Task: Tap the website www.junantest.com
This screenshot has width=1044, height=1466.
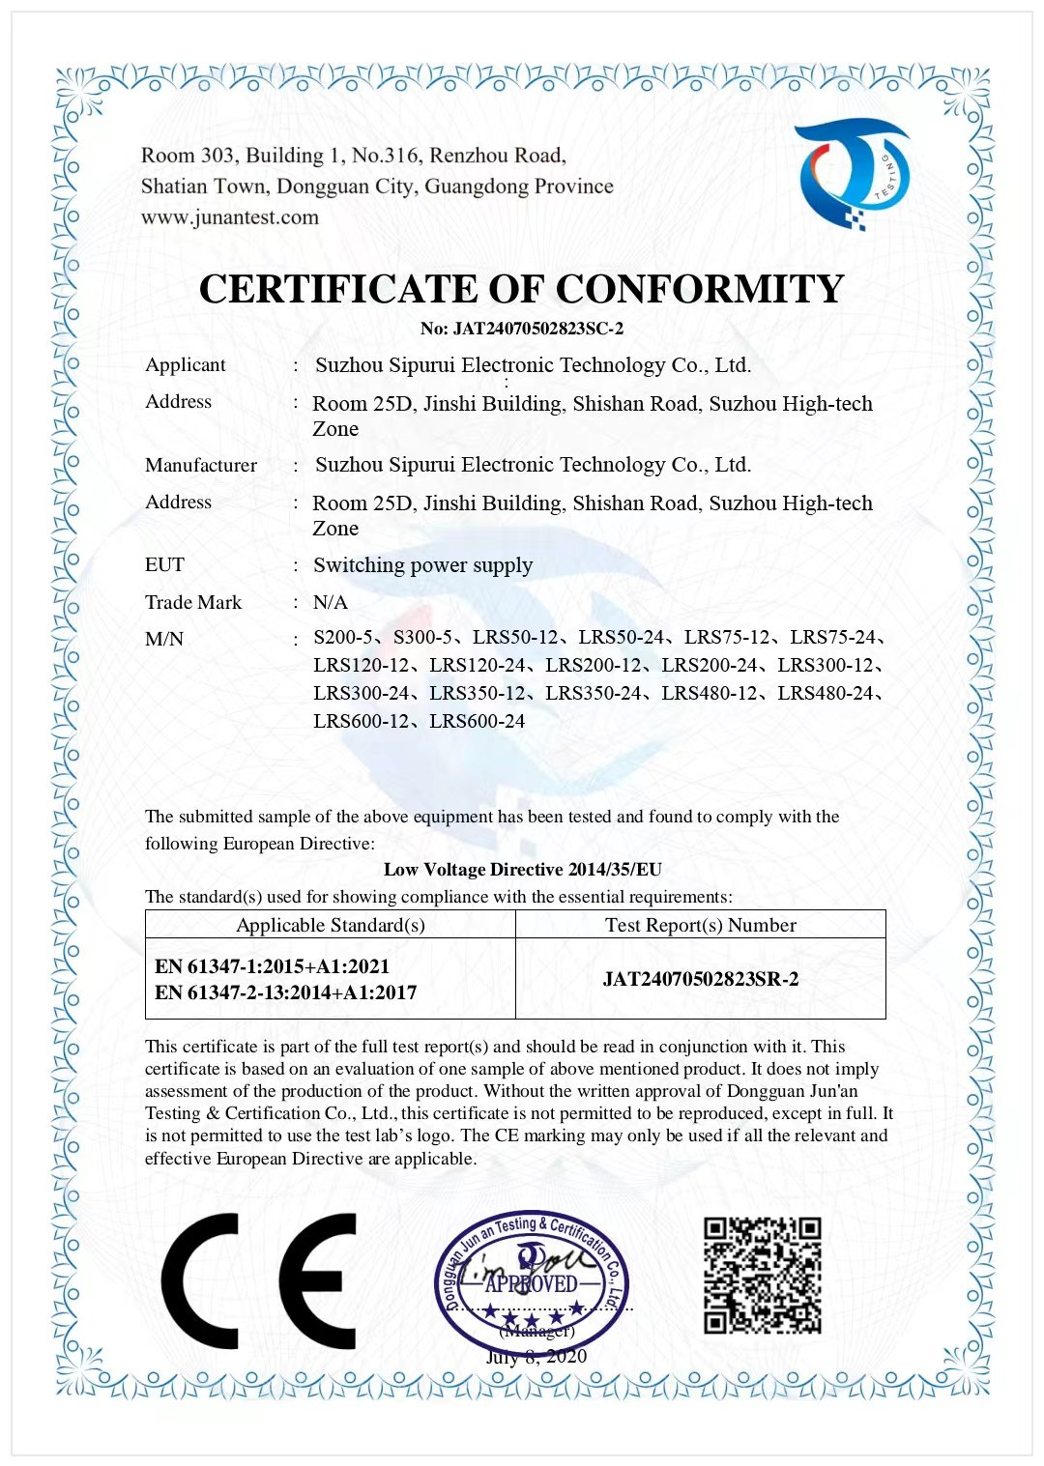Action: pyautogui.click(x=230, y=217)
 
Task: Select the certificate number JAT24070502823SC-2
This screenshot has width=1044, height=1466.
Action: pyautogui.click(x=522, y=329)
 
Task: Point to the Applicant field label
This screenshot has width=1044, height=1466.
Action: pyautogui.click(x=185, y=365)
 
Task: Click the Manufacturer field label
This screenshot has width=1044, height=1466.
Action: pyautogui.click(x=201, y=466)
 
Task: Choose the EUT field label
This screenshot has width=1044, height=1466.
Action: pyautogui.click(x=164, y=565)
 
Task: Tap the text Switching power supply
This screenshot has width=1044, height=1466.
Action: pyautogui.click(x=422, y=565)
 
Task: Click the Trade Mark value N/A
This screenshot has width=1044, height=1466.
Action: pyautogui.click(x=330, y=602)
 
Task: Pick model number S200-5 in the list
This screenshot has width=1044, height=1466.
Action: pyautogui.click(x=343, y=638)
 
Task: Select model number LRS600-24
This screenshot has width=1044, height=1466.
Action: pyautogui.click(x=478, y=722)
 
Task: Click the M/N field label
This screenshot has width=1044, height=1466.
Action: pyautogui.click(x=164, y=639)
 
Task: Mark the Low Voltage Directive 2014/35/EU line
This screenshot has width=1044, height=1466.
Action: pyautogui.click(x=522, y=870)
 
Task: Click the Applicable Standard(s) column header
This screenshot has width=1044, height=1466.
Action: pyautogui.click(x=331, y=925)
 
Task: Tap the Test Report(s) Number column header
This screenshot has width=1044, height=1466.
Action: pyautogui.click(x=701, y=925)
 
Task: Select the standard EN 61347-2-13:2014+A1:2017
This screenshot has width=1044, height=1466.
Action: pyautogui.click(x=286, y=992)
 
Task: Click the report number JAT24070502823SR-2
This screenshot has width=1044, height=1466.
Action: pyautogui.click(x=701, y=979)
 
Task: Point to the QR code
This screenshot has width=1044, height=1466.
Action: pyautogui.click(x=763, y=1276)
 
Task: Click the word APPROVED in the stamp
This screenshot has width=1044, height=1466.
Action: pyautogui.click(x=531, y=1284)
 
